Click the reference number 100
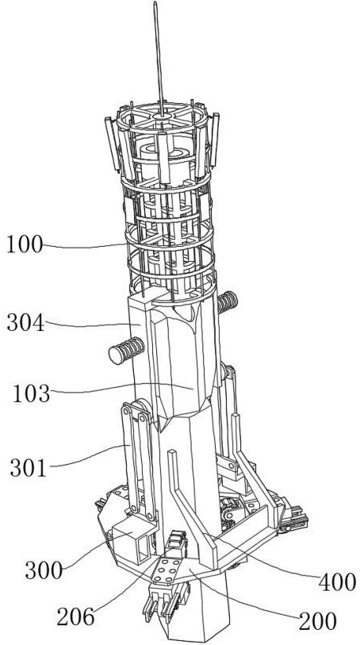[x=25, y=246]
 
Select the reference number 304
[x=25, y=324]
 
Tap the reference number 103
[x=31, y=394]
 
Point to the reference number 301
[x=29, y=468]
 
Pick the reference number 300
[x=44, y=571]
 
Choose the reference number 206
[x=75, y=617]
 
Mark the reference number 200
[x=318, y=621]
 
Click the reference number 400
[x=337, y=582]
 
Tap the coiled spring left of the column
[x=126, y=351]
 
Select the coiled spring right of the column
[x=228, y=302]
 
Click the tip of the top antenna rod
[x=155, y=2]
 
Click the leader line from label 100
[x=85, y=247]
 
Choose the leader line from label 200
[x=247, y=593]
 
